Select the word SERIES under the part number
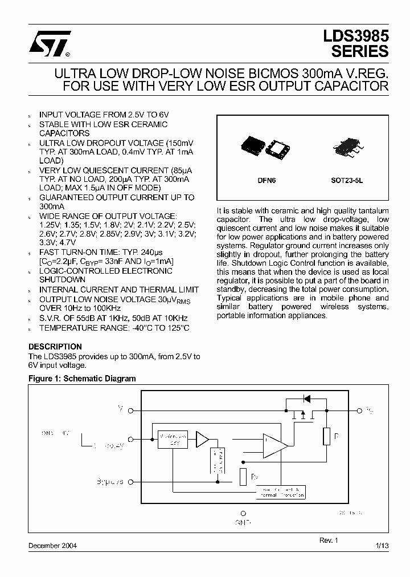tap(360, 51)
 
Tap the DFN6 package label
tap(266, 180)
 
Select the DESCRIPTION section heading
tap(55, 347)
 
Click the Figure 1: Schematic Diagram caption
tap(82, 379)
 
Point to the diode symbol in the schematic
tap(306, 398)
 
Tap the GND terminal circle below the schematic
tap(243, 513)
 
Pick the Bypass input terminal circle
tap(131, 482)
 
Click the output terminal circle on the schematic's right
tap(359, 410)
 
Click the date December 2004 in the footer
tap(53, 546)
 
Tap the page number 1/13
tap(382, 546)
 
